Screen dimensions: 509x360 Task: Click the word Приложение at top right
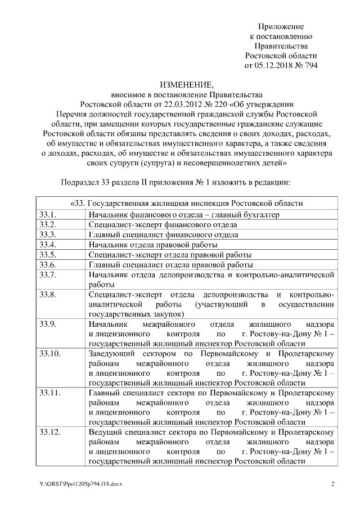pos(281,26)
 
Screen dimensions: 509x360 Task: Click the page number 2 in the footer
pos(332,484)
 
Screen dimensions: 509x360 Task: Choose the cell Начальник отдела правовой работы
pos(152,245)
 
